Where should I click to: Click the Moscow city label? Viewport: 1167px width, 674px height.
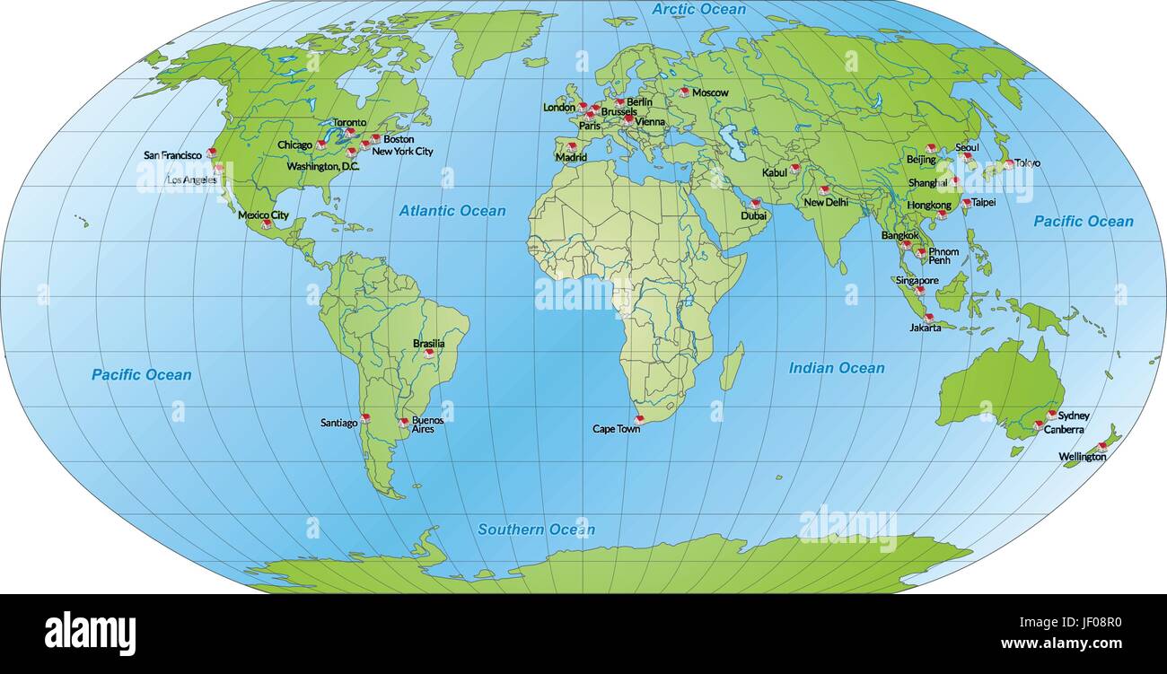tap(710, 92)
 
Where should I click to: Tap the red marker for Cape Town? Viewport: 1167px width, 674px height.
tap(639, 419)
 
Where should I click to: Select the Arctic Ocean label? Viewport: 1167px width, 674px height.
tap(698, 10)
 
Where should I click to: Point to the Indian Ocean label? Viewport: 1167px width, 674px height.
tap(836, 368)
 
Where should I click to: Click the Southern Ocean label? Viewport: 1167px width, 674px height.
tap(535, 530)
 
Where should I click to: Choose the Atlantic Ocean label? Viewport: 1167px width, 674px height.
tap(452, 211)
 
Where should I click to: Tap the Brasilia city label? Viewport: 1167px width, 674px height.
tap(428, 343)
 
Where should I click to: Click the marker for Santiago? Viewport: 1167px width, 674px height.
tap(365, 419)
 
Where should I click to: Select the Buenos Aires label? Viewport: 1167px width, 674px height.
tap(426, 425)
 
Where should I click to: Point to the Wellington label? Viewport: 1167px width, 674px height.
tap(1082, 457)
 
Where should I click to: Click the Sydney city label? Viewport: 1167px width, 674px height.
tap(1074, 416)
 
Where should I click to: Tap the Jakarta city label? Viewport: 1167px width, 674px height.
tap(925, 328)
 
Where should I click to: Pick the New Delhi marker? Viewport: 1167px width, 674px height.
tap(822, 190)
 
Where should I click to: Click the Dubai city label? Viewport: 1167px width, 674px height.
tap(754, 215)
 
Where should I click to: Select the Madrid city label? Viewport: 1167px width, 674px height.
tap(571, 157)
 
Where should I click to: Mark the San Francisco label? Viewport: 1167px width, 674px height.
tap(172, 155)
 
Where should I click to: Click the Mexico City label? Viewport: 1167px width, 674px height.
tap(263, 215)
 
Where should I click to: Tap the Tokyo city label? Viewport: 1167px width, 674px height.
tap(1028, 163)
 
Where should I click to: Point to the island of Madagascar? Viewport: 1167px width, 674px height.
tap(732, 366)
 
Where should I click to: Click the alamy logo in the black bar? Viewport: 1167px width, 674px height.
tap(90, 634)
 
